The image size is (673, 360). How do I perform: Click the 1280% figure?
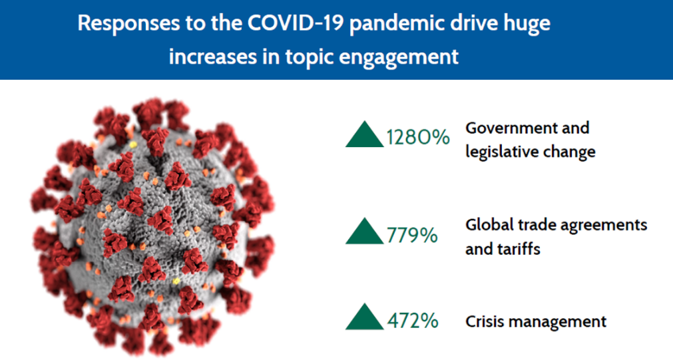418,137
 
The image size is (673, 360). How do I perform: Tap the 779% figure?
412,235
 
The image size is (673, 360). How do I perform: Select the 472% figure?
413,321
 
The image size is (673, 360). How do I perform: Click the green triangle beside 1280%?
364,134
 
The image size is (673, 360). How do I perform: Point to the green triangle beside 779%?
364,232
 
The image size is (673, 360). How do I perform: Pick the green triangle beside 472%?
364,317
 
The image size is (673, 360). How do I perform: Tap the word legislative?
499,152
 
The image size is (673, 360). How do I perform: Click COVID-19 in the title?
296,23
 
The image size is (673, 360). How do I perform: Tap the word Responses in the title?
128,23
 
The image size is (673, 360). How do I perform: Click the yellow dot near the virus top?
133,145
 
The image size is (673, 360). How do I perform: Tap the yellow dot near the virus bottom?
176,281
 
